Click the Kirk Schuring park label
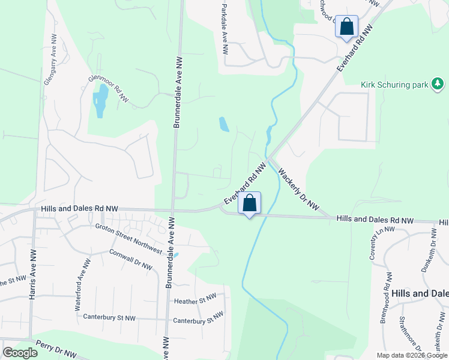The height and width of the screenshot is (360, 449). coord(394,84)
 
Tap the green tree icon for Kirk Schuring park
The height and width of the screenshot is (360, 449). coord(439,83)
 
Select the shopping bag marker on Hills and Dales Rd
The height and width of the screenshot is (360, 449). coord(250,203)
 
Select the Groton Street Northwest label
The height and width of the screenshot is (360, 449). coord(129,238)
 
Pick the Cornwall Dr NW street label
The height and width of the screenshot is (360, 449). coord(131,260)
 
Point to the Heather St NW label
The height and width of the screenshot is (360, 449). coord(194,299)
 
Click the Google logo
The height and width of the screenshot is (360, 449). coord(20,353)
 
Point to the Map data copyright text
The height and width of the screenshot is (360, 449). coord(412,355)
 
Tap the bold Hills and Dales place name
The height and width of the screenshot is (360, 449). coord(420,294)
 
